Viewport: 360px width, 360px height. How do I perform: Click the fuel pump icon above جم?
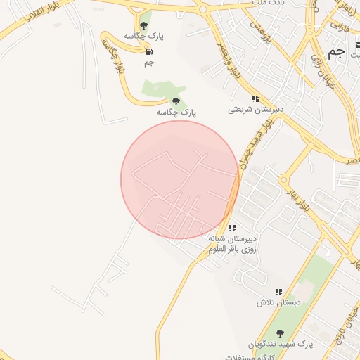pyautogui.click(x=148, y=51)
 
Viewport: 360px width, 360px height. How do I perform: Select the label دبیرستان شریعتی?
pyautogui.click(x=255, y=110)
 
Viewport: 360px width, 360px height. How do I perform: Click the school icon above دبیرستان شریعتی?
pyautogui.click(x=255, y=99)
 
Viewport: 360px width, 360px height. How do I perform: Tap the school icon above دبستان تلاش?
pyautogui.click(x=279, y=292)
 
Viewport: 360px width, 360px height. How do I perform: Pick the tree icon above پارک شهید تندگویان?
pyautogui.click(x=281, y=333)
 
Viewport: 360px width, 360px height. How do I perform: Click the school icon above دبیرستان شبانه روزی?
pyautogui.click(x=232, y=228)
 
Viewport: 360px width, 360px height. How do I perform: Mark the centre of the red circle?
pyautogui.click(x=180, y=180)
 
